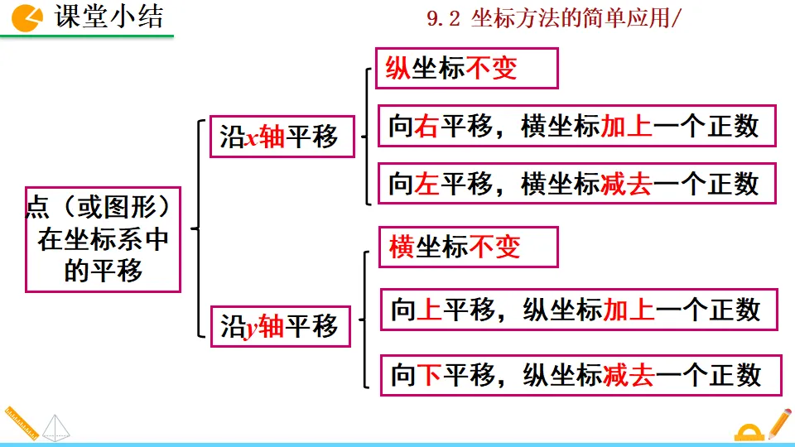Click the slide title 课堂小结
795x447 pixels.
pos(108,17)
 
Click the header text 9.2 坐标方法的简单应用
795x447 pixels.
pos(552,19)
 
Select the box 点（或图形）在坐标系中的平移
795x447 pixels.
pos(103,239)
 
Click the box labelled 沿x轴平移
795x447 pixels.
pos(279,137)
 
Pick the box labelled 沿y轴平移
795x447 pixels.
pos(279,326)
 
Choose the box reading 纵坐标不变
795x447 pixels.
pos(467,68)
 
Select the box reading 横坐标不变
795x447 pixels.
pos(468,247)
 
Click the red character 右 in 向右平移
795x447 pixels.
pos(427,126)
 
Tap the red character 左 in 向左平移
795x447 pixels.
pos(427,184)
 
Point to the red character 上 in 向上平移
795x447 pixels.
pos(429,310)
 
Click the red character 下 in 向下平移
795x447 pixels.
pos(429,376)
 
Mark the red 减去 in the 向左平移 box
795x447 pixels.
pos(626,184)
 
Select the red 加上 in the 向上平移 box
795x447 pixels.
pos(629,310)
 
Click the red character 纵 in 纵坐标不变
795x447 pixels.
pos(398,68)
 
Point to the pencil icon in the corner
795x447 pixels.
pos(778,423)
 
